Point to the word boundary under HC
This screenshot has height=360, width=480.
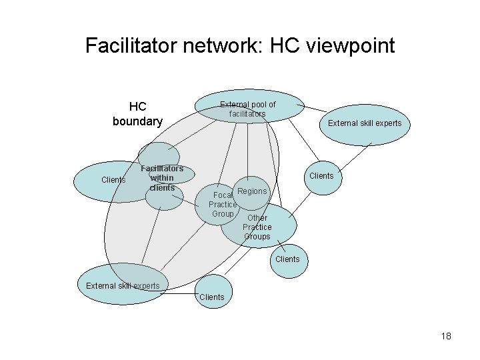(x=137, y=121)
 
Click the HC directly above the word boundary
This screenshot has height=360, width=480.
(x=137, y=107)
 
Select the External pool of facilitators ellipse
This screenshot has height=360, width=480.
(x=247, y=108)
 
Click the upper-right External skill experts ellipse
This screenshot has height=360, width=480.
(x=364, y=123)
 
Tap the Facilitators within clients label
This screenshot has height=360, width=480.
(x=163, y=178)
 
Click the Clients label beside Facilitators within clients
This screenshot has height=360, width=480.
(x=113, y=180)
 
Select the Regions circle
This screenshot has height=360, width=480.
(x=252, y=191)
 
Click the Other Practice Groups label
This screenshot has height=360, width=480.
(x=257, y=227)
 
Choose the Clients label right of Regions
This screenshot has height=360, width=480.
(x=321, y=176)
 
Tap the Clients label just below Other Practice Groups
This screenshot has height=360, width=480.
(x=287, y=259)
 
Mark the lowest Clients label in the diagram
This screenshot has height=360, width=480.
(x=212, y=297)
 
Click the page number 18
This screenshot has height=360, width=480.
(x=445, y=337)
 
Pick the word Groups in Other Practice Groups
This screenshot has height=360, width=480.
(x=257, y=237)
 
